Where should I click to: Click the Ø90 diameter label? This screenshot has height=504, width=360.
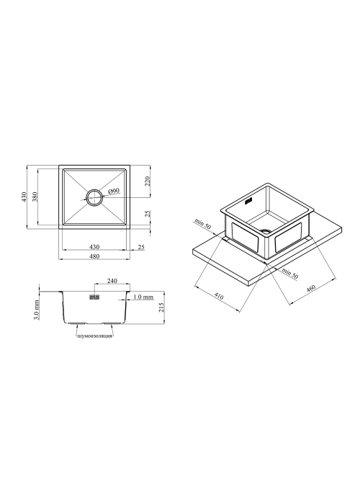(114, 192)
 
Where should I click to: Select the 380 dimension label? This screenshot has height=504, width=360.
(35, 197)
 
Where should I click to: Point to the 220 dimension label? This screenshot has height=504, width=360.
(148, 181)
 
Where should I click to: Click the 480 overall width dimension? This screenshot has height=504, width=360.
(94, 256)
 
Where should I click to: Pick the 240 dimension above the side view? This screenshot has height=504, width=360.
(112, 281)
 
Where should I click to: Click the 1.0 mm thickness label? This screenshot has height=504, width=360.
(143, 297)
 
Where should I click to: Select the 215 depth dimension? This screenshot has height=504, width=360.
(161, 307)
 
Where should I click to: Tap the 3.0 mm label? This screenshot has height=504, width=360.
(36, 310)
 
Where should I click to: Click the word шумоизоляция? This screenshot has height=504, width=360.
(95, 336)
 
